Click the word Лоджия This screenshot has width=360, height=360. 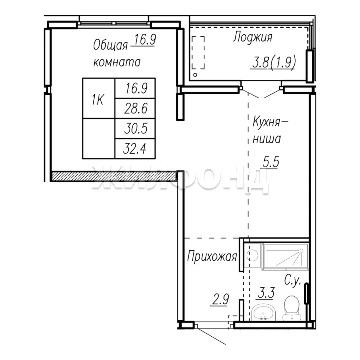(253, 37)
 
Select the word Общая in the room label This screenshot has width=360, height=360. (110, 45)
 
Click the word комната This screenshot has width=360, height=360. (117, 62)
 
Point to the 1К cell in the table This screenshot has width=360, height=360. (98, 98)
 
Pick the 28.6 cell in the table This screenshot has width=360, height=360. (135, 109)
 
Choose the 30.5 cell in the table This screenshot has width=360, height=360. (135, 129)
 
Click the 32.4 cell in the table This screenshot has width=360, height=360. (135, 149)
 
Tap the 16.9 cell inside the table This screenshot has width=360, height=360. (135, 88)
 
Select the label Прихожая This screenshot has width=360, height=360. (212, 256)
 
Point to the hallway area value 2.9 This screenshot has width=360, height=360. (220, 300)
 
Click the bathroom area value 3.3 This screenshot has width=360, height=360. (266, 293)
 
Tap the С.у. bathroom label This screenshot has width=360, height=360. (293, 281)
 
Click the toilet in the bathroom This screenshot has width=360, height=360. (292, 308)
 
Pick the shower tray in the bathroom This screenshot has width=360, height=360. (285, 257)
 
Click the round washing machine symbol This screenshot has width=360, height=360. (252, 255)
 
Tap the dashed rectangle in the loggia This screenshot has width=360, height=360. (198, 52)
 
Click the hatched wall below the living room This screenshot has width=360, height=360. (114, 176)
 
